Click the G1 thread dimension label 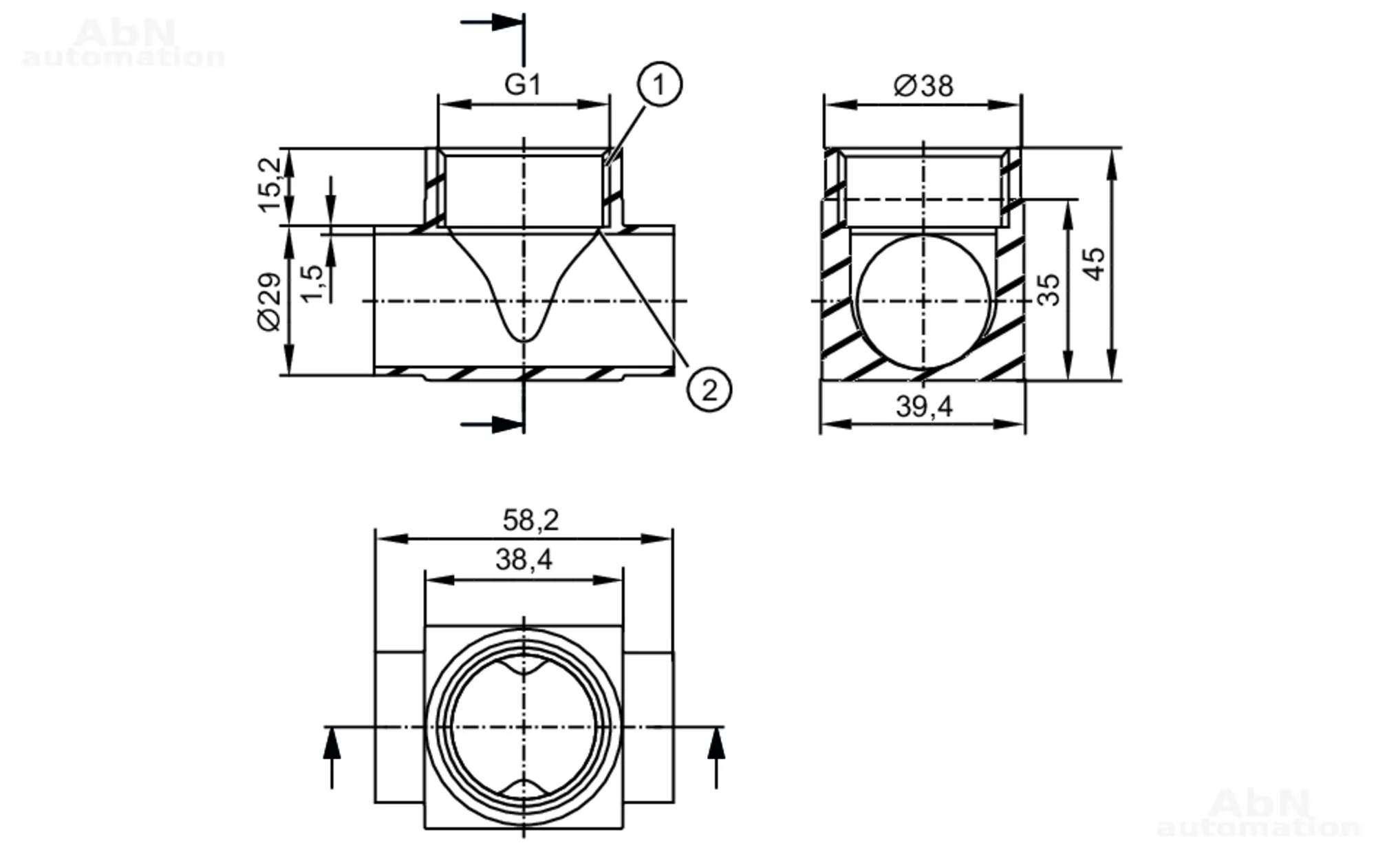523,85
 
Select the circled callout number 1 659,85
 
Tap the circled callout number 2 709,390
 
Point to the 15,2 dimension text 270,185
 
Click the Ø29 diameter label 270,302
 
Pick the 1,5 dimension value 312,283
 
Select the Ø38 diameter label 923,86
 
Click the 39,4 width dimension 924,407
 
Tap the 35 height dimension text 1049,290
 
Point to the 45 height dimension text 1093,264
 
